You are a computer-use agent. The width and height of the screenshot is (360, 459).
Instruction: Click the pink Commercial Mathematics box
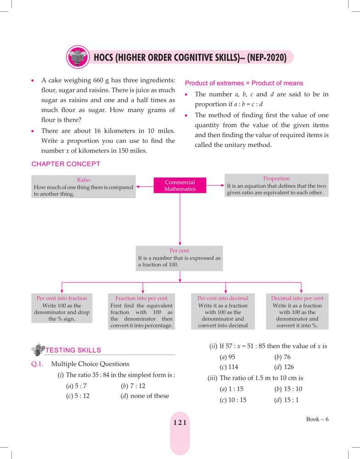(180, 185)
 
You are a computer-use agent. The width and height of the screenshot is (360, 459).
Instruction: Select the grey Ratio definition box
(84, 186)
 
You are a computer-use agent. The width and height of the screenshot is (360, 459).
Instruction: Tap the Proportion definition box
(276, 185)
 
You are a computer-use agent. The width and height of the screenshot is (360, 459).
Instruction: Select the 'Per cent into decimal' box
(223, 312)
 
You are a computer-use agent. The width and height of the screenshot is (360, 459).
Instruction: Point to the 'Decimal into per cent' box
(297, 312)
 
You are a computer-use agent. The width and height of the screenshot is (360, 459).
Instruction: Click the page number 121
(180, 423)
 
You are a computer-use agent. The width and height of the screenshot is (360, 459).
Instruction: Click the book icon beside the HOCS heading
(77, 58)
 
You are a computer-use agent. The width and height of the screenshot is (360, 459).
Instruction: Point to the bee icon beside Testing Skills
(38, 350)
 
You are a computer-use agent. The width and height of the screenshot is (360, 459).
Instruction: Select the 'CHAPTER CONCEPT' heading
(65, 164)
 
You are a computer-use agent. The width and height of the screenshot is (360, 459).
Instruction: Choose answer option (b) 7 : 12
(133, 386)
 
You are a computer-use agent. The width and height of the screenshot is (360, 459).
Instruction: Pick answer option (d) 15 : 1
(287, 400)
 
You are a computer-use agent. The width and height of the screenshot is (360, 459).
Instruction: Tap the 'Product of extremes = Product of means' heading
(244, 83)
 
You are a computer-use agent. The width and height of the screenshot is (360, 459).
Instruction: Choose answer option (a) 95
(228, 357)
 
